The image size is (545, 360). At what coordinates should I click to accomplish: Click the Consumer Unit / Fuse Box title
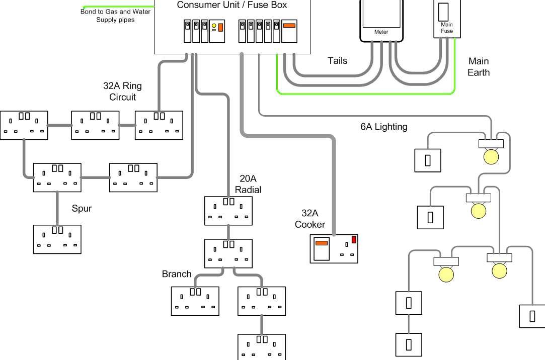232,5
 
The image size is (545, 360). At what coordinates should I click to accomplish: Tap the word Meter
381,32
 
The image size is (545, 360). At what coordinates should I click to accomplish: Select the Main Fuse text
447,28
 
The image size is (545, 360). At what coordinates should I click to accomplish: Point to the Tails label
337,61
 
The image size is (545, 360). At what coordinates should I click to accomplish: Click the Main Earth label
478,66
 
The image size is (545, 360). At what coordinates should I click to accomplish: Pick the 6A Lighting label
383,127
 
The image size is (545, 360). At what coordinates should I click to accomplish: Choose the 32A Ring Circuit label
122,92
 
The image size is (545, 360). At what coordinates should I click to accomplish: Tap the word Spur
82,208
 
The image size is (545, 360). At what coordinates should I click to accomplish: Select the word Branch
177,274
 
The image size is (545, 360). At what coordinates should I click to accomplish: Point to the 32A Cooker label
309,219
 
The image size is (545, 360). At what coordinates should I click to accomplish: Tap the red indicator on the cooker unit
354,240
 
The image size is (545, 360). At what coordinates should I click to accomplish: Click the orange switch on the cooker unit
321,243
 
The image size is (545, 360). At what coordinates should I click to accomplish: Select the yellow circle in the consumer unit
214,26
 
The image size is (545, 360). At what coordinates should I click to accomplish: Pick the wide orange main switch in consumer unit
289,25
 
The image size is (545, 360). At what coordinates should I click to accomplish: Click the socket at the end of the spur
57,239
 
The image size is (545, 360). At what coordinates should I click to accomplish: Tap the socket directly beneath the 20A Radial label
228,211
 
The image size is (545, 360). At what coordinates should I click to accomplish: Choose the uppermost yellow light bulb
491,156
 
